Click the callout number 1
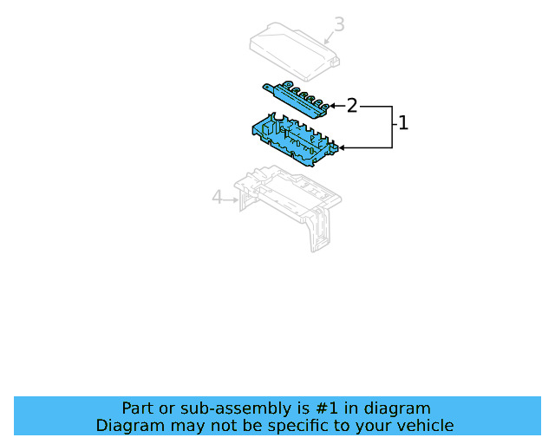tap(402, 123)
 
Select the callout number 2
tap(352, 106)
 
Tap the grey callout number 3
tap(339, 24)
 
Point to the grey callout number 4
tap(218, 199)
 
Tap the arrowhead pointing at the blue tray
tap(342, 147)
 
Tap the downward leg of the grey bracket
tap(317, 230)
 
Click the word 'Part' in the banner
tap(137, 408)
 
